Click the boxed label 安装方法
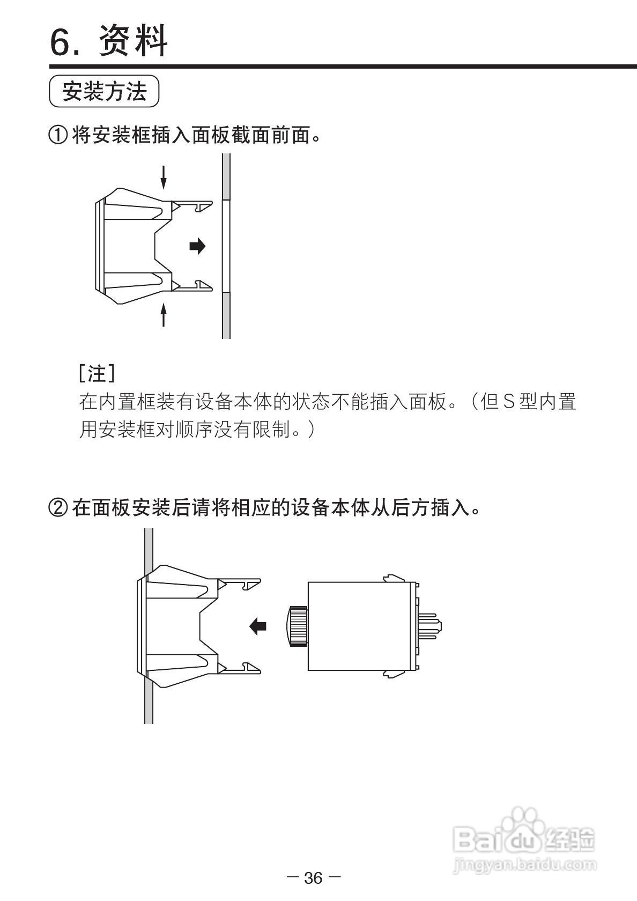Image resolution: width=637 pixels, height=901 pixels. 105,92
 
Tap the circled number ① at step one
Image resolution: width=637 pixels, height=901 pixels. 58,135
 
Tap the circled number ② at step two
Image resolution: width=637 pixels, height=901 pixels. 58,507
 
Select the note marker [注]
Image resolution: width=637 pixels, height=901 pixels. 97,373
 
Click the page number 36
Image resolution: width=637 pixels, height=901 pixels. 314,878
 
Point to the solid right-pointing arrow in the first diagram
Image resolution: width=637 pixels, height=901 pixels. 197,246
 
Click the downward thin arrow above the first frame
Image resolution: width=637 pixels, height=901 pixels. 164,176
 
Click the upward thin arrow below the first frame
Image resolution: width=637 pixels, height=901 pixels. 164,314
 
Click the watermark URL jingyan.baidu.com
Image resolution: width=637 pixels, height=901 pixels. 524,865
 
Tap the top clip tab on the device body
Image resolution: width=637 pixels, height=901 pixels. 393,578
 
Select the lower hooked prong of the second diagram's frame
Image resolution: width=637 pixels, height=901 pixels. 241,668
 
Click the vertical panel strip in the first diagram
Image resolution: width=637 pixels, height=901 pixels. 226,246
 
